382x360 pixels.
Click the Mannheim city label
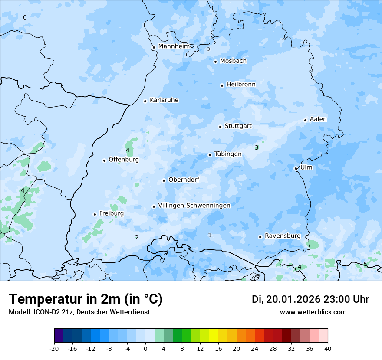coord(174,46)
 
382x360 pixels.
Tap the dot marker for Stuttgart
coord(220,127)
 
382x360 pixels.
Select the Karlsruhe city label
coord(164,100)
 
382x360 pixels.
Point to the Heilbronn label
coord(241,84)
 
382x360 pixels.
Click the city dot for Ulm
coord(296,168)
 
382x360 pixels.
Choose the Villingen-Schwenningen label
coord(194,206)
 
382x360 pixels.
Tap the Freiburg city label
coord(111,213)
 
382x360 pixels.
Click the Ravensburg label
coord(283,236)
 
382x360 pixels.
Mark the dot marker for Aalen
coord(305,120)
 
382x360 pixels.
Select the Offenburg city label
coord(124,160)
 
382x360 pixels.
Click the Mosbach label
coord(233,61)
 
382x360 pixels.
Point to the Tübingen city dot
coord(210,155)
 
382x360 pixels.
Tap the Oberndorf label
coord(184,180)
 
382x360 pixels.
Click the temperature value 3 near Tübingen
coord(257,147)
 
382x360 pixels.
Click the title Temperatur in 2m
coord(86,299)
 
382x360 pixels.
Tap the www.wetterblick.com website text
coord(313,312)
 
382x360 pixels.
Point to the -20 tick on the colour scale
coord(54,348)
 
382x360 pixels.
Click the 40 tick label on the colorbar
coord(328,348)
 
